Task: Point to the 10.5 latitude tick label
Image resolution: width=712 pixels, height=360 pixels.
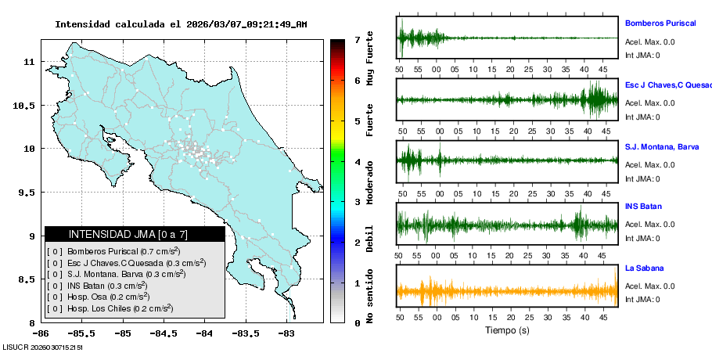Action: tap(25, 106)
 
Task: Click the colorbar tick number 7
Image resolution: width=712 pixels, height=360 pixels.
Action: tap(357, 39)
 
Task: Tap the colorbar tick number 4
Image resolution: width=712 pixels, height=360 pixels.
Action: tap(357, 162)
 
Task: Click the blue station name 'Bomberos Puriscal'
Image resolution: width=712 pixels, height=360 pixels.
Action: tap(660, 23)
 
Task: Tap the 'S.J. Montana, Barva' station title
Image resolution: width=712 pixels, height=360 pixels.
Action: tap(662, 146)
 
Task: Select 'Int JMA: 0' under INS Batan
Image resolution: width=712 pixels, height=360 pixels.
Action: tap(642, 239)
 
